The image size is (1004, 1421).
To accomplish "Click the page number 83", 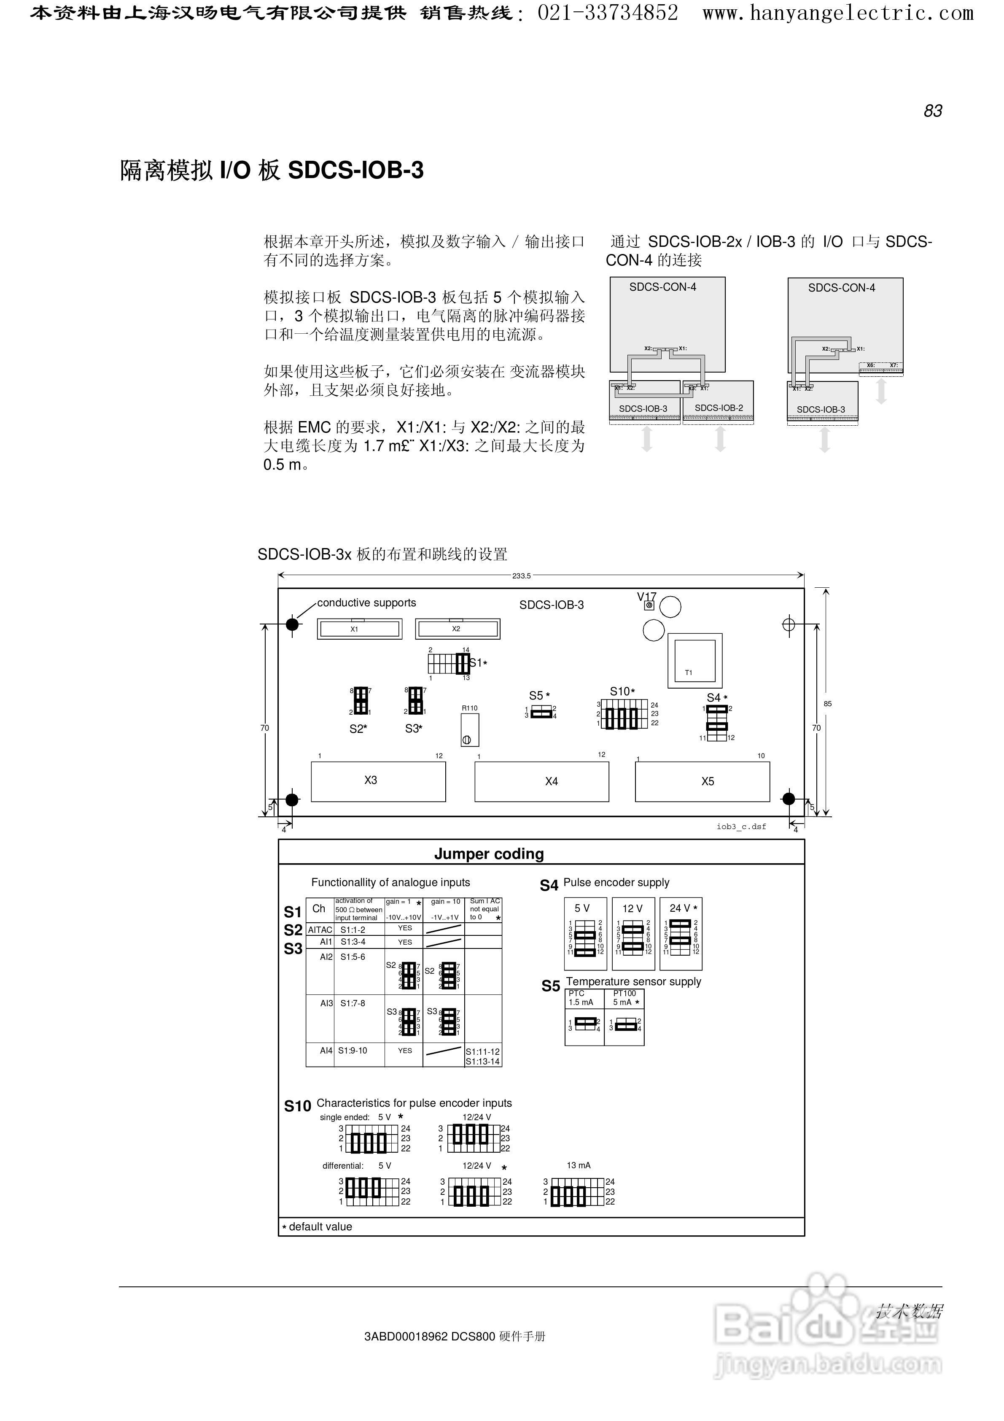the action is tap(932, 111).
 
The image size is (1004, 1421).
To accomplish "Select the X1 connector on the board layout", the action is tap(359, 629).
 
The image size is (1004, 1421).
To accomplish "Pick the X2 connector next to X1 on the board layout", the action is tap(457, 629).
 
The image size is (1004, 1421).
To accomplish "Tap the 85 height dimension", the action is tap(827, 704).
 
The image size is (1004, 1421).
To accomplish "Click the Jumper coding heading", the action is tap(489, 854).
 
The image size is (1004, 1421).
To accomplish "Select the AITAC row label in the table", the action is tap(320, 929).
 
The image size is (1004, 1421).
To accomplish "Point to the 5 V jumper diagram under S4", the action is tap(585, 935).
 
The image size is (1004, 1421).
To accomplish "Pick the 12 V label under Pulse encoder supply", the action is tap(632, 908).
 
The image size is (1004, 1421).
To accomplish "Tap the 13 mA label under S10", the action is tap(579, 1165).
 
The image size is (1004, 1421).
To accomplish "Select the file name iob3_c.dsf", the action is tap(741, 826).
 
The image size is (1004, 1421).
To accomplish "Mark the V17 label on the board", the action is tap(646, 597).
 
